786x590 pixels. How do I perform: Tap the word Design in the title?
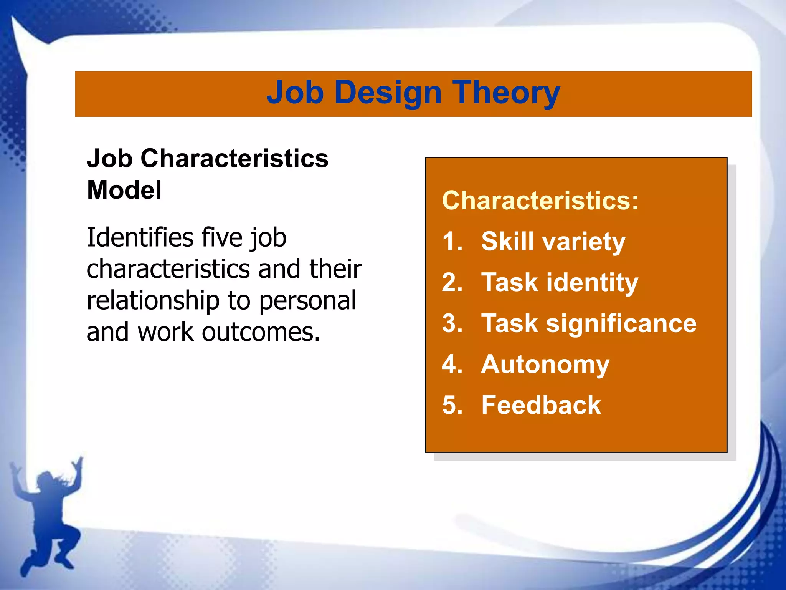tap(388, 93)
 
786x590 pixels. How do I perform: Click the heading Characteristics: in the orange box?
tap(540, 201)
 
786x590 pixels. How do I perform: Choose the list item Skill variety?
tap(553, 242)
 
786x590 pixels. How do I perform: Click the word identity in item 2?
tap(592, 283)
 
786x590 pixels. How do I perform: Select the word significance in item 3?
tap(621, 323)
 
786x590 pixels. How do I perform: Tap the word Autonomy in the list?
tap(545, 365)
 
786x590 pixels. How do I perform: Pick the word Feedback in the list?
tap(541, 405)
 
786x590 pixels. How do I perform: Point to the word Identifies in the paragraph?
tap(140, 237)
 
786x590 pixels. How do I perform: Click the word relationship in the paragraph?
tap(153, 301)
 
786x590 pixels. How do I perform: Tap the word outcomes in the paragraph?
tap(261, 332)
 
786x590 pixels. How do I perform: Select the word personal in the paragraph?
tap(307, 301)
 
